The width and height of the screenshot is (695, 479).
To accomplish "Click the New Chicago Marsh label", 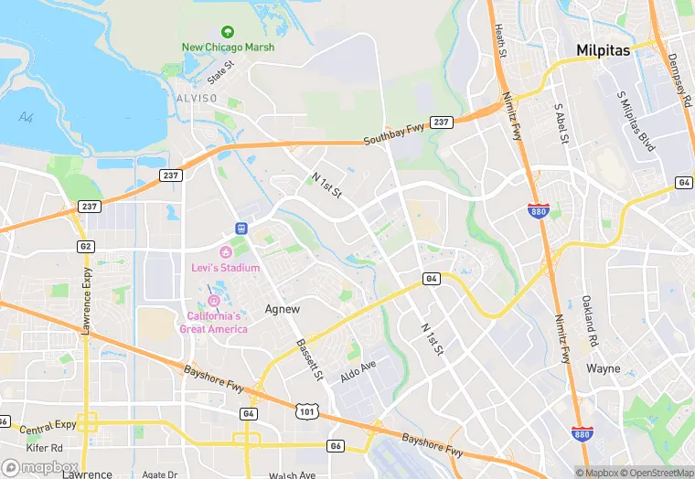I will point(228,48).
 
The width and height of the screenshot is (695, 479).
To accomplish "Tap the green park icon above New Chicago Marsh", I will point(228,33).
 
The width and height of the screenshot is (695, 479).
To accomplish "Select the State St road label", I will point(220,69).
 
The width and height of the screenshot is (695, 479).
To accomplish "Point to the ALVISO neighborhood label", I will point(197,98).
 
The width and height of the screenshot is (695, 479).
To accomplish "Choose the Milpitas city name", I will point(603,51).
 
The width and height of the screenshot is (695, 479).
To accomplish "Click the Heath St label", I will point(501,41).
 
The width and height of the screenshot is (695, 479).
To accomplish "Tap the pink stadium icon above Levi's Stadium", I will point(225,252).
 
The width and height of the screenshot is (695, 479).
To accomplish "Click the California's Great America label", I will point(213,323).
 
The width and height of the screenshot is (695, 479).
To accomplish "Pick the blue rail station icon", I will point(241,229).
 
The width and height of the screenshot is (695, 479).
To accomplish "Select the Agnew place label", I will point(282,309).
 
